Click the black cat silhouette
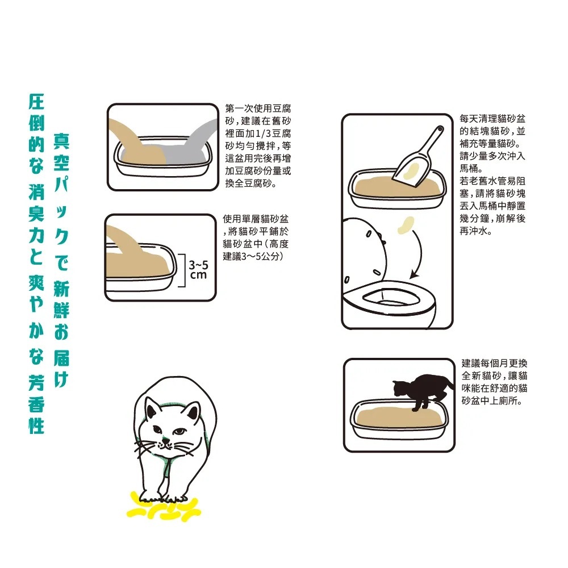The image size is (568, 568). [424, 391]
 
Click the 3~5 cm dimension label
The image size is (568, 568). [198, 270]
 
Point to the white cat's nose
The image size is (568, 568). [165, 441]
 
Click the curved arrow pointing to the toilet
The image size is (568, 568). [420, 253]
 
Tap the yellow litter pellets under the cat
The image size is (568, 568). [164, 506]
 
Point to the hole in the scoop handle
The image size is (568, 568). [440, 129]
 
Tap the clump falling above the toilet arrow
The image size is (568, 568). [406, 225]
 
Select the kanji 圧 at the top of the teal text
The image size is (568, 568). [36, 102]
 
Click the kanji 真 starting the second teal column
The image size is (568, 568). [61, 141]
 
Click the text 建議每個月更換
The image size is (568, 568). [495, 364]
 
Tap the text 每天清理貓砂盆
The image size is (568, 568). [492, 119]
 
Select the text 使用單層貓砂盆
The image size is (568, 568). [256, 219]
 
